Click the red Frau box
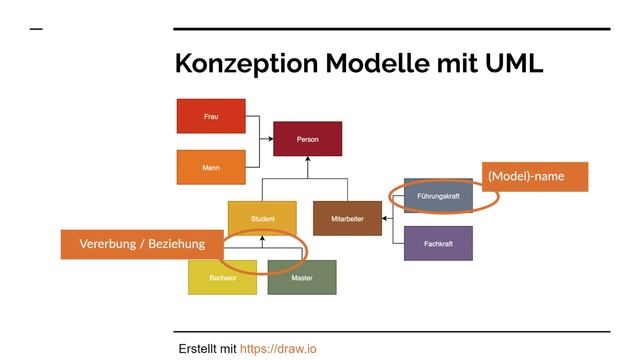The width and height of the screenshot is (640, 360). pyautogui.click(x=211, y=116)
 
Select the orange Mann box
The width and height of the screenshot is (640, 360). pyautogui.click(x=211, y=167)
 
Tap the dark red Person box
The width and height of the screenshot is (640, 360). pyautogui.click(x=308, y=139)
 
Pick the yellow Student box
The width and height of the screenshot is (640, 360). pyautogui.click(x=262, y=218)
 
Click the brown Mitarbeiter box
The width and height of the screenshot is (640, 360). pyautogui.click(x=347, y=218)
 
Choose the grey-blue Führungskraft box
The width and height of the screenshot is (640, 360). pyautogui.click(x=438, y=196)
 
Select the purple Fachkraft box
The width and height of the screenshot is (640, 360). pyautogui.click(x=438, y=243)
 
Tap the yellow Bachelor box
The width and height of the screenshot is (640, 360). pyautogui.click(x=222, y=277)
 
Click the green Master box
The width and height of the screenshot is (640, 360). pyautogui.click(x=302, y=277)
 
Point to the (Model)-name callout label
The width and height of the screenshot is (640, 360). pyautogui.click(x=535, y=177)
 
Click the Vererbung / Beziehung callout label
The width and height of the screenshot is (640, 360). pyautogui.click(x=142, y=244)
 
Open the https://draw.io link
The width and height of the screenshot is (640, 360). pyautogui.click(x=278, y=349)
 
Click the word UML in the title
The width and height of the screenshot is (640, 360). pyautogui.click(x=514, y=63)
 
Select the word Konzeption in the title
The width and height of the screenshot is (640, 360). pyautogui.click(x=247, y=64)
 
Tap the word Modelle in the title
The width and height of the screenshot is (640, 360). pyautogui.click(x=378, y=63)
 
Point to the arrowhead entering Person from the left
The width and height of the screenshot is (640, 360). pyautogui.click(x=270, y=139)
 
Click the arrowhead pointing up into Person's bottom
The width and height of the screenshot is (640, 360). pyautogui.click(x=308, y=159)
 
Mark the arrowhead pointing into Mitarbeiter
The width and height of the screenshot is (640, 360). pyautogui.click(x=385, y=218)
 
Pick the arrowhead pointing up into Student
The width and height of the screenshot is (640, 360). pyautogui.click(x=262, y=238)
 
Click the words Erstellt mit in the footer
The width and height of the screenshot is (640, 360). pyautogui.click(x=207, y=349)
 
